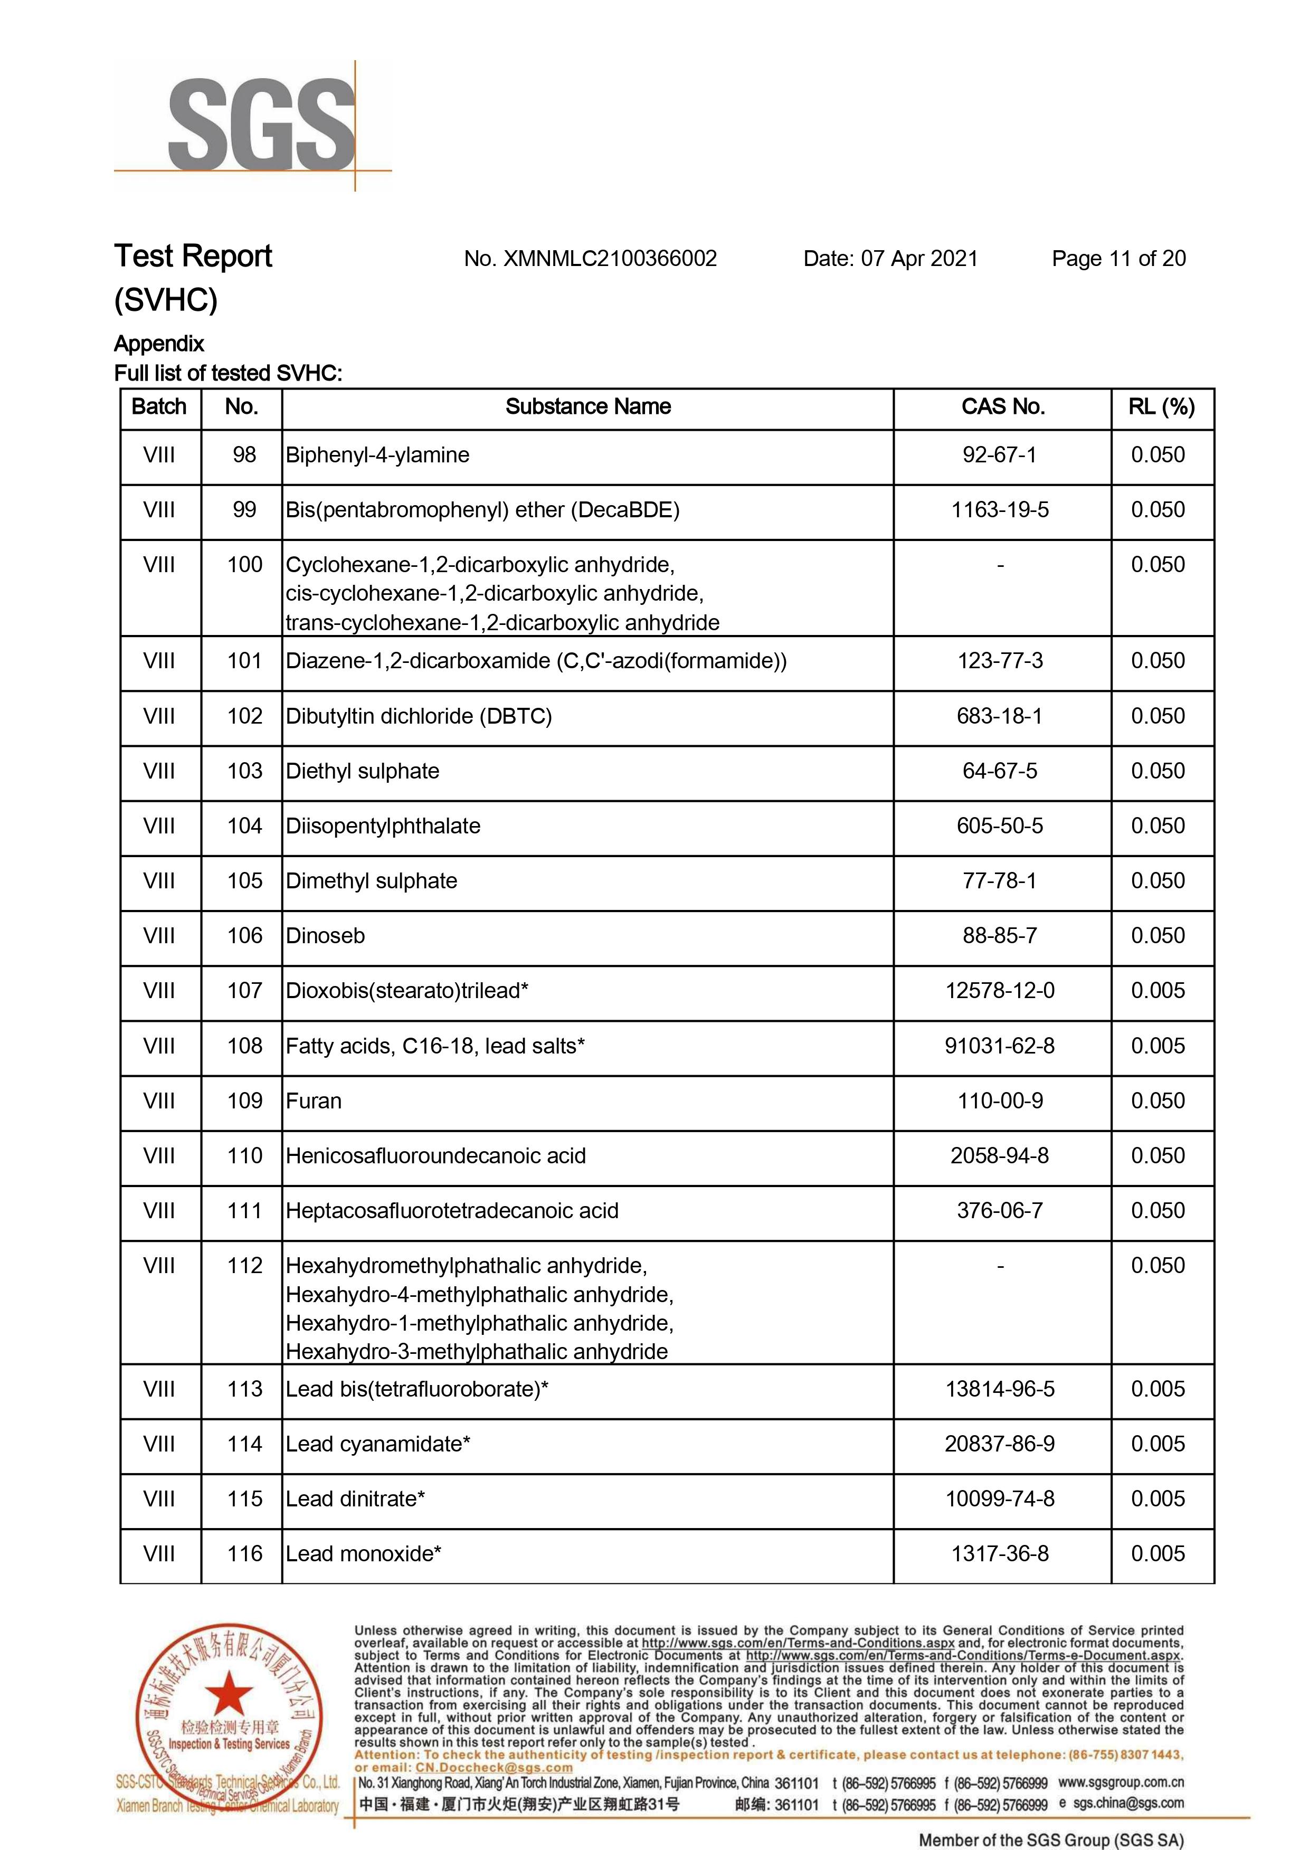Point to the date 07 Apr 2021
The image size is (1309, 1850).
click(x=919, y=259)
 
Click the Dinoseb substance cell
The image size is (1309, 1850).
click(x=326, y=936)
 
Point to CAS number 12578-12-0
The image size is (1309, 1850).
click(x=1000, y=991)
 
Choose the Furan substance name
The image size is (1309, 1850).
click(x=314, y=1101)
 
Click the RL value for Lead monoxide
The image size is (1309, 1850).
click(x=1158, y=1554)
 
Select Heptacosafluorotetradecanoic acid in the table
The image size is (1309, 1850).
click(x=452, y=1211)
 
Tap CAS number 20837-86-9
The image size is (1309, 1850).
click(x=1000, y=1444)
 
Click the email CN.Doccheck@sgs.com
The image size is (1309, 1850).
click(x=494, y=1767)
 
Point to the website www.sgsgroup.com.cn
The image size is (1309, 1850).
click(x=1121, y=1782)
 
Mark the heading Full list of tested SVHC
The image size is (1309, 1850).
click(x=228, y=373)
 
